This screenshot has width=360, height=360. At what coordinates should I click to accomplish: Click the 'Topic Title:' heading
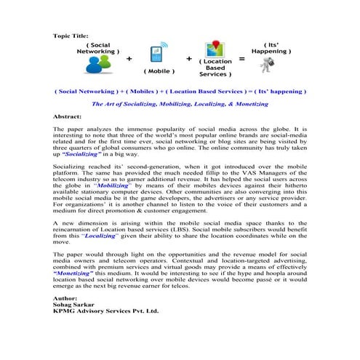[x=70, y=35]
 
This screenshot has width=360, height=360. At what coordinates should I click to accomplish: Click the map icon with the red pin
[x=217, y=50]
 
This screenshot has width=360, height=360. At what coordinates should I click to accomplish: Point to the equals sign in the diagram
[x=242, y=59]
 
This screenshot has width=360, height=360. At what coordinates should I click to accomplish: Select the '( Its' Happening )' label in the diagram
[x=270, y=48]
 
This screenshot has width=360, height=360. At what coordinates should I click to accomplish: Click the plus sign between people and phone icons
[x=129, y=60]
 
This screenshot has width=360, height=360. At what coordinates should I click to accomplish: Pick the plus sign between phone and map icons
[x=188, y=59]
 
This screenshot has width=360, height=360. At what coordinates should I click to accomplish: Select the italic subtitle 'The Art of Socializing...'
[x=180, y=104]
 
